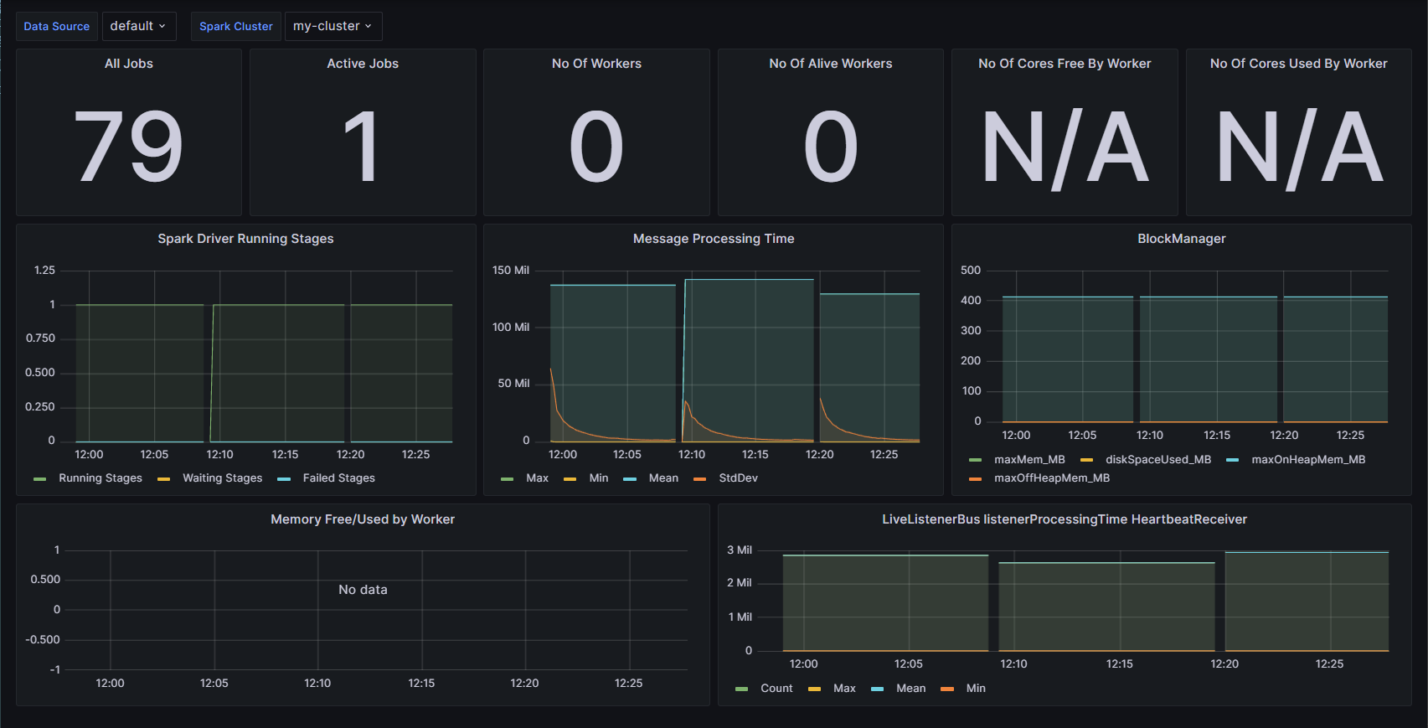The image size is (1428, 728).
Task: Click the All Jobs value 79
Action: (128, 147)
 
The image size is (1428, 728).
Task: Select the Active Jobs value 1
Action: (362, 147)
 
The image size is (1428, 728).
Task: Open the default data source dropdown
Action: (138, 26)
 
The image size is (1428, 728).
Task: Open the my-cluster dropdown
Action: (333, 26)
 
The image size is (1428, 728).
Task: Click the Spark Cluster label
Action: (235, 26)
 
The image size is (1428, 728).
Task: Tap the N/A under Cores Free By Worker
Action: (1064, 147)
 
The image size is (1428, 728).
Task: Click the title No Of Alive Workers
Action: (830, 64)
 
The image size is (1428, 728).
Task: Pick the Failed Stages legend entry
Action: (338, 478)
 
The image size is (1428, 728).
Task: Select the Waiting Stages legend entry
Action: (222, 478)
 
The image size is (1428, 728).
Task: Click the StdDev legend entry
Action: (738, 478)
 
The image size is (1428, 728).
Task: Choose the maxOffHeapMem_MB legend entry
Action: (1051, 478)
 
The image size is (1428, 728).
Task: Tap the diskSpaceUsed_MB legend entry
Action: (1157, 460)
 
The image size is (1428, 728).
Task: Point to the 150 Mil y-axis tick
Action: (511, 271)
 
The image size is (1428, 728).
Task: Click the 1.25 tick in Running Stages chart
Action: (44, 271)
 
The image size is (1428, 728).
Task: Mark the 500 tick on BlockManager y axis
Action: (971, 271)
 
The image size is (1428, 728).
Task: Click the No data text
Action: (363, 590)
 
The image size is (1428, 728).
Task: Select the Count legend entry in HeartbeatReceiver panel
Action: (776, 689)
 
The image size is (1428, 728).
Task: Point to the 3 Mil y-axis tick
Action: (740, 550)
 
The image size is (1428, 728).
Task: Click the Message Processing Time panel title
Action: (713, 239)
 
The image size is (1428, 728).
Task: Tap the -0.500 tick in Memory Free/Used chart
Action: (43, 640)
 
